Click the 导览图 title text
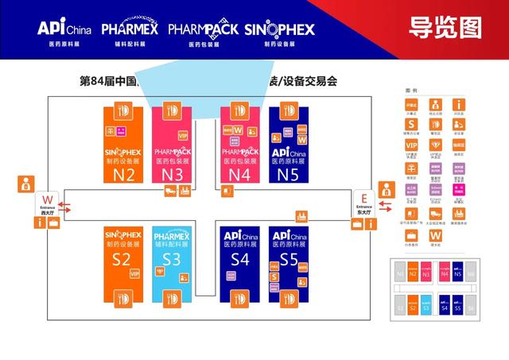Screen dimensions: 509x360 tap(445, 29)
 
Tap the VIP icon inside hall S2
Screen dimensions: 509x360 tap(134, 274)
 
